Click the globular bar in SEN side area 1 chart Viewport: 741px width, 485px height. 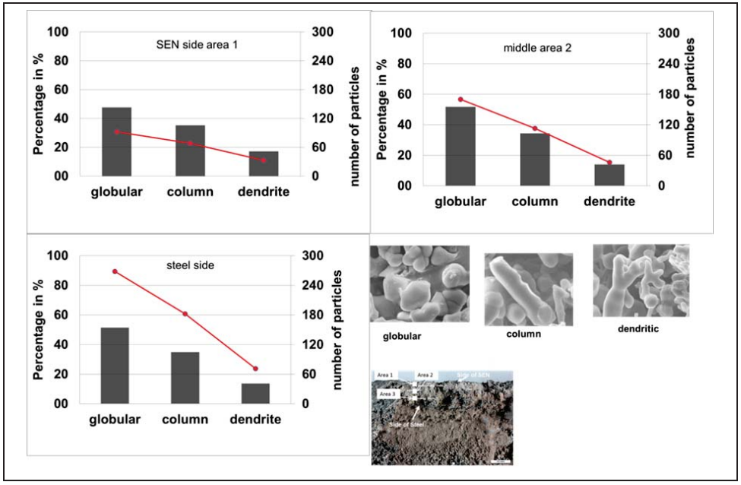[x=117, y=142]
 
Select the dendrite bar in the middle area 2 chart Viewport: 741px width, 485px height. [x=609, y=175]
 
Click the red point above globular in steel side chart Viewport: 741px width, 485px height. [x=115, y=271]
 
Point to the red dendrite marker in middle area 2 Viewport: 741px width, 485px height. [x=609, y=163]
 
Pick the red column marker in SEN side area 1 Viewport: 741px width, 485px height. [x=190, y=143]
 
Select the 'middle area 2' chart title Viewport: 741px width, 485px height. [x=537, y=48]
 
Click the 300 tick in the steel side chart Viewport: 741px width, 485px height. [x=312, y=255]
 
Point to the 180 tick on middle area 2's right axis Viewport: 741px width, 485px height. [x=667, y=94]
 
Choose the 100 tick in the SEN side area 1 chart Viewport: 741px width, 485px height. [x=58, y=32]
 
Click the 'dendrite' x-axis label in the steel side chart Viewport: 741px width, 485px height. [x=255, y=420]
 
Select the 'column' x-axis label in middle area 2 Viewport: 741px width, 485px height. [x=535, y=201]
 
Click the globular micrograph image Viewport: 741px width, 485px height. [x=419, y=283]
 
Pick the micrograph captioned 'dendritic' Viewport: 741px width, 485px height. [x=640, y=280]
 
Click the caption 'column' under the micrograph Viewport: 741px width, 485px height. [x=523, y=334]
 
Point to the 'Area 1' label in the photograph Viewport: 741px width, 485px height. [x=385, y=375]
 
